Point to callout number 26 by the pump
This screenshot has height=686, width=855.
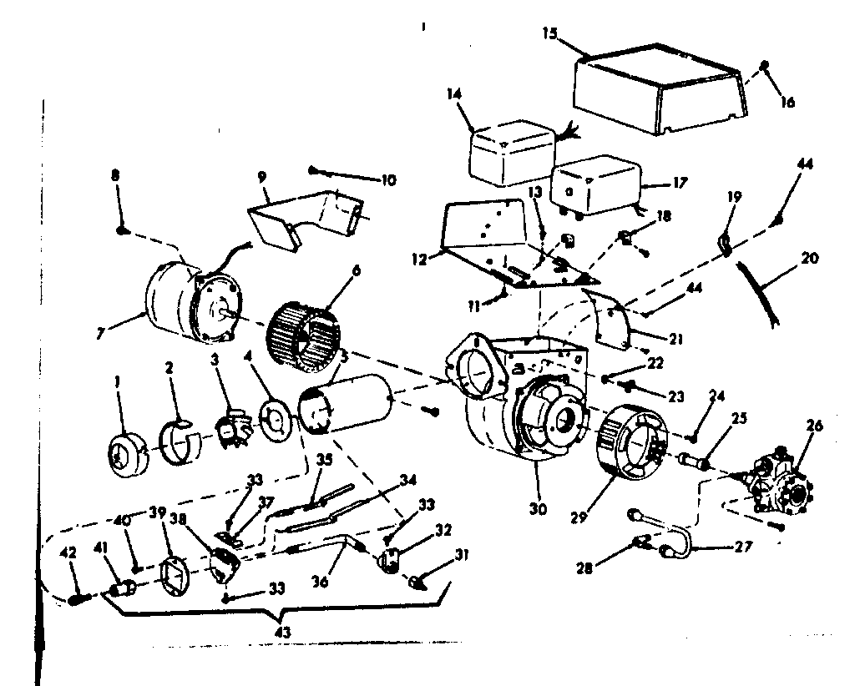click(815, 426)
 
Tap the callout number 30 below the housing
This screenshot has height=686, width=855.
click(539, 509)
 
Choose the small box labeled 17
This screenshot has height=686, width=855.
click(594, 185)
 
